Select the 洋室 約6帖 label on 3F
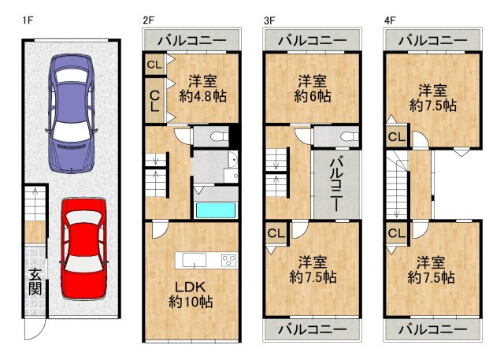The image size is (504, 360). tap(313, 88)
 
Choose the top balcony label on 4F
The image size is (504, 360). tap(432, 40)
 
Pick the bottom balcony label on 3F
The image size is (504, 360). tap(313, 328)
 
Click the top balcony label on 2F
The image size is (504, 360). tap(191, 40)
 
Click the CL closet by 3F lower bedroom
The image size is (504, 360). tap(276, 233)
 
